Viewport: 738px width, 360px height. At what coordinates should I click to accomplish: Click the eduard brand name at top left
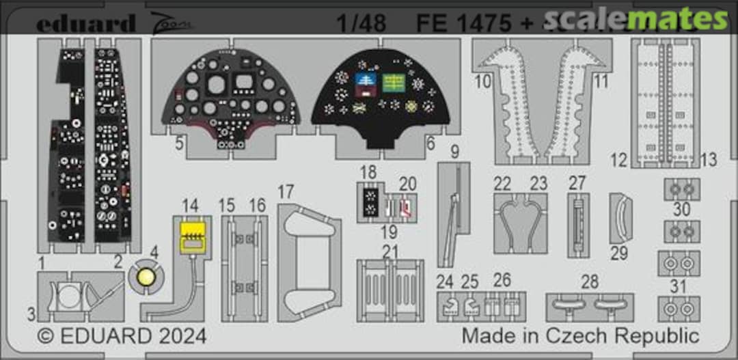(85, 24)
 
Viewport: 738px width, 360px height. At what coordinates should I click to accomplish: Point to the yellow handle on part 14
(193, 236)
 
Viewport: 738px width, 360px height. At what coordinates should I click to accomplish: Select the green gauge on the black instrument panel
(392, 83)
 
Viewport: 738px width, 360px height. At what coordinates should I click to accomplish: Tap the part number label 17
(286, 192)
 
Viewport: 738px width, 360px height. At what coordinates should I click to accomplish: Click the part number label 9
(455, 150)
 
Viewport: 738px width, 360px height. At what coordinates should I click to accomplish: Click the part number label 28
(589, 282)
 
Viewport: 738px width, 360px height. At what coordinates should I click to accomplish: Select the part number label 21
(390, 251)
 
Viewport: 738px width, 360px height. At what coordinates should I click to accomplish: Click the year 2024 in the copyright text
(180, 336)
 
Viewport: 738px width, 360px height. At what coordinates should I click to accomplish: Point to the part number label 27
(577, 183)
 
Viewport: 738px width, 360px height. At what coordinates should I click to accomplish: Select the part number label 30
(681, 210)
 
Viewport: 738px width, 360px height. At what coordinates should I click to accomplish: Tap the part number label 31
(678, 286)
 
